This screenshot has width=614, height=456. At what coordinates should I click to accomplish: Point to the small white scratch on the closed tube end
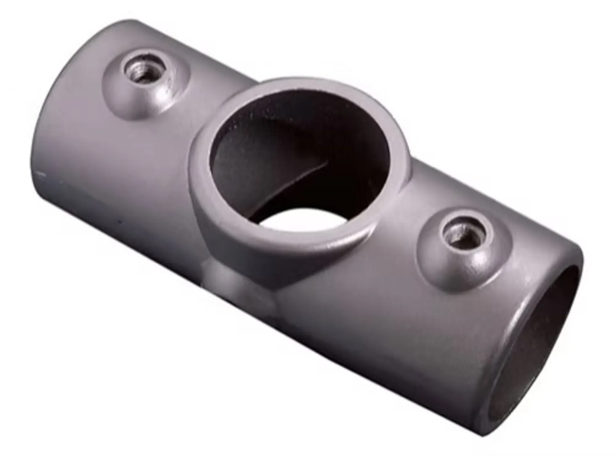click(x=41, y=174)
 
